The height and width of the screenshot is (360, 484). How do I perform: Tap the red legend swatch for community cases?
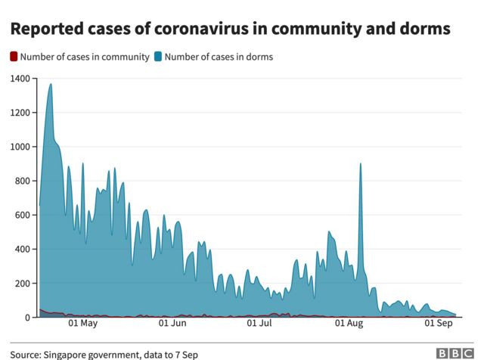tap(14, 57)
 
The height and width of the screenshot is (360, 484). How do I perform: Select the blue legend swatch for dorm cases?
tap(157, 57)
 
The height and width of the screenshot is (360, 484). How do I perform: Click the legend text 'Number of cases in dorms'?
tap(219, 57)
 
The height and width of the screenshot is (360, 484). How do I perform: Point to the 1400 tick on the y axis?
tap(20, 79)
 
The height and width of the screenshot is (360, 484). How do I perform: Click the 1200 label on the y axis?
tap(20, 113)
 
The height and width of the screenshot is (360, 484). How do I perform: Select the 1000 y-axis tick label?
tap(20, 147)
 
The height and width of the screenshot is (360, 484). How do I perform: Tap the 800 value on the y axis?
tap(22, 181)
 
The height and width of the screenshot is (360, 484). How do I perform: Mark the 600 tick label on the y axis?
tap(22, 215)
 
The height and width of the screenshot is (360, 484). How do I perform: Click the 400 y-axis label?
tap(22, 249)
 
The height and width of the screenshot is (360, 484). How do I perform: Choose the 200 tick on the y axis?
tap(22, 283)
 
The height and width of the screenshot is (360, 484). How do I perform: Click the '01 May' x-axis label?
tap(82, 324)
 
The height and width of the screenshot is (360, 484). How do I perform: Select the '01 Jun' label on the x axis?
tap(173, 324)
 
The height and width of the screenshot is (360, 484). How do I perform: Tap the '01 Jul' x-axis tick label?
tap(260, 324)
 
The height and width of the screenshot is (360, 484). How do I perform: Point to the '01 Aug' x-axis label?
tap(349, 324)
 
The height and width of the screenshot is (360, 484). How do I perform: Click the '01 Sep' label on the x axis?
tap(439, 324)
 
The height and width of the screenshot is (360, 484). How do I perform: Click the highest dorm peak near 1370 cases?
tap(51, 85)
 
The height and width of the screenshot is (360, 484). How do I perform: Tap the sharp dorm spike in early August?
tap(361, 164)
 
